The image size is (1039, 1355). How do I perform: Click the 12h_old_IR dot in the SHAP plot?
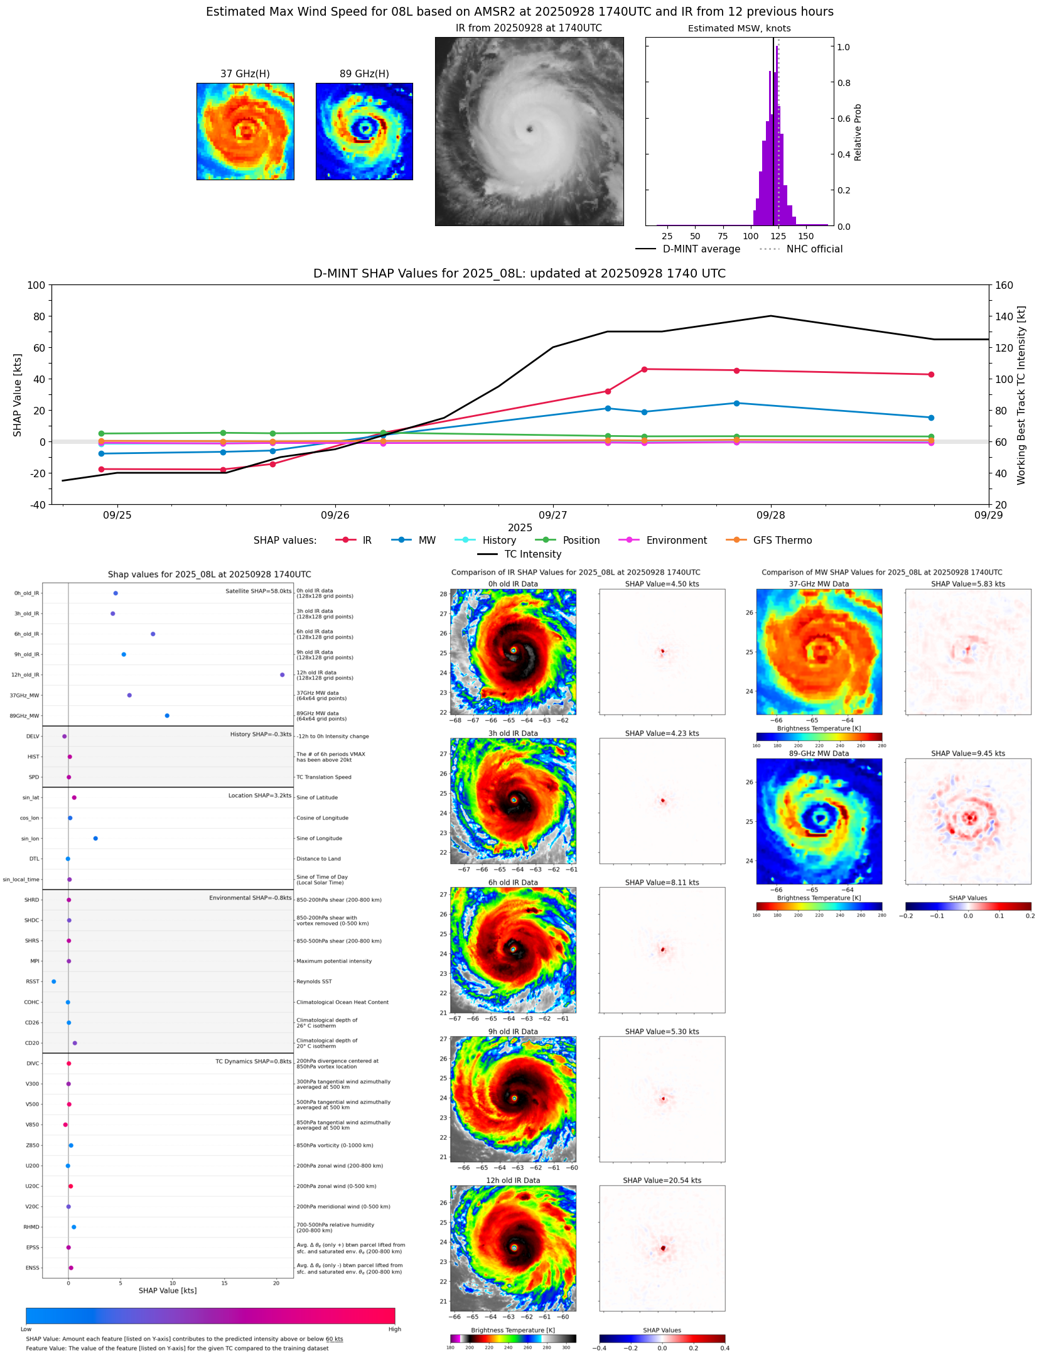click(282, 675)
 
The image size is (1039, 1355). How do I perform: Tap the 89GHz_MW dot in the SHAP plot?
click(167, 716)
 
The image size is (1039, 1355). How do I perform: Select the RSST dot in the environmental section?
click(53, 981)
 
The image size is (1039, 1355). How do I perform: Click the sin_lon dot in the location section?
click(95, 838)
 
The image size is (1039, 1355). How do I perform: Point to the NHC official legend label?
click(814, 249)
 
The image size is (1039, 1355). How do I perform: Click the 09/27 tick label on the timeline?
click(553, 516)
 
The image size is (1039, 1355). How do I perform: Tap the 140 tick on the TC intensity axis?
click(1004, 316)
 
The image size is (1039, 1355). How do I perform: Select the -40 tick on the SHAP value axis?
click(36, 505)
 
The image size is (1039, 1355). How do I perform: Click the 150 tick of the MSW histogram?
click(806, 237)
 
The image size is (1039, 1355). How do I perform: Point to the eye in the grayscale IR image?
click(530, 129)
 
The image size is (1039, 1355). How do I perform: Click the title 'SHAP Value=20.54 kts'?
click(662, 1180)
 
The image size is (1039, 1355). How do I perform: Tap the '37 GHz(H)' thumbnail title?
click(245, 74)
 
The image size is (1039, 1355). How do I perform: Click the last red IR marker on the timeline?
click(931, 375)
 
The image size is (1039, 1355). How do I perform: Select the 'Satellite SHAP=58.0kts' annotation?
click(258, 591)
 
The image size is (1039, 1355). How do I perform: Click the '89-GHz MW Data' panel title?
click(819, 753)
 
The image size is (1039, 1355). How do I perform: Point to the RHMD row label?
click(31, 1227)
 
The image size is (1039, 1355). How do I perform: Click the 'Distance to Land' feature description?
click(318, 859)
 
